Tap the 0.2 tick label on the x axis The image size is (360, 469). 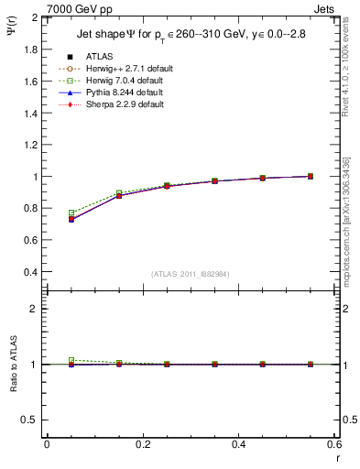(142, 444)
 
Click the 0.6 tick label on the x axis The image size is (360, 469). (333, 444)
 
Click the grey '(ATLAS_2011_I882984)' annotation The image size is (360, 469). (190, 274)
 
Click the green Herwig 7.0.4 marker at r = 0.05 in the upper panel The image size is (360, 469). (71, 213)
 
